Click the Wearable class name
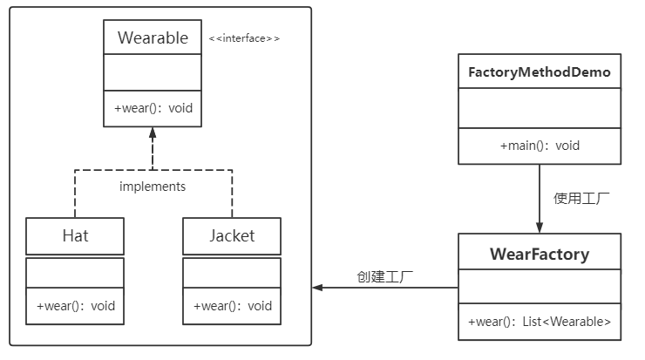(x=153, y=37)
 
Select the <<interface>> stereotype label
(x=244, y=38)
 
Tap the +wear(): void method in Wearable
(x=153, y=109)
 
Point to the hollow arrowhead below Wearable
(x=153, y=133)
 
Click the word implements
(x=153, y=186)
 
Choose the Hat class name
(x=75, y=235)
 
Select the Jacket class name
(x=232, y=235)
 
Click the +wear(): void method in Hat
(x=75, y=306)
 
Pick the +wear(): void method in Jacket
(x=232, y=306)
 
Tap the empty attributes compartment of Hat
(x=75, y=273)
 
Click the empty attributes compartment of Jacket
(x=232, y=273)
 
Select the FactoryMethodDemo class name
(x=540, y=71)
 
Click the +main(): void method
(x=540, y=146)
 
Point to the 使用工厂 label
(x=581, y=198)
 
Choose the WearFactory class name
(x=540, y=255)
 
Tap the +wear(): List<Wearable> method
(x=540, y=323)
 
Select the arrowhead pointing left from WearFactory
(x=318, y=288)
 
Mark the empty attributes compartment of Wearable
(x=153, y=73)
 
